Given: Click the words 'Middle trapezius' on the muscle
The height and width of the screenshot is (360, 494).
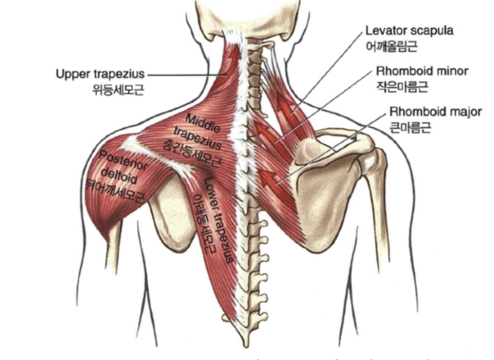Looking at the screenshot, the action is point(197,127).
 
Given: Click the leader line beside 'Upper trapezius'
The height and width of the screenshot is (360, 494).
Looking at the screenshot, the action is point(185,75).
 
